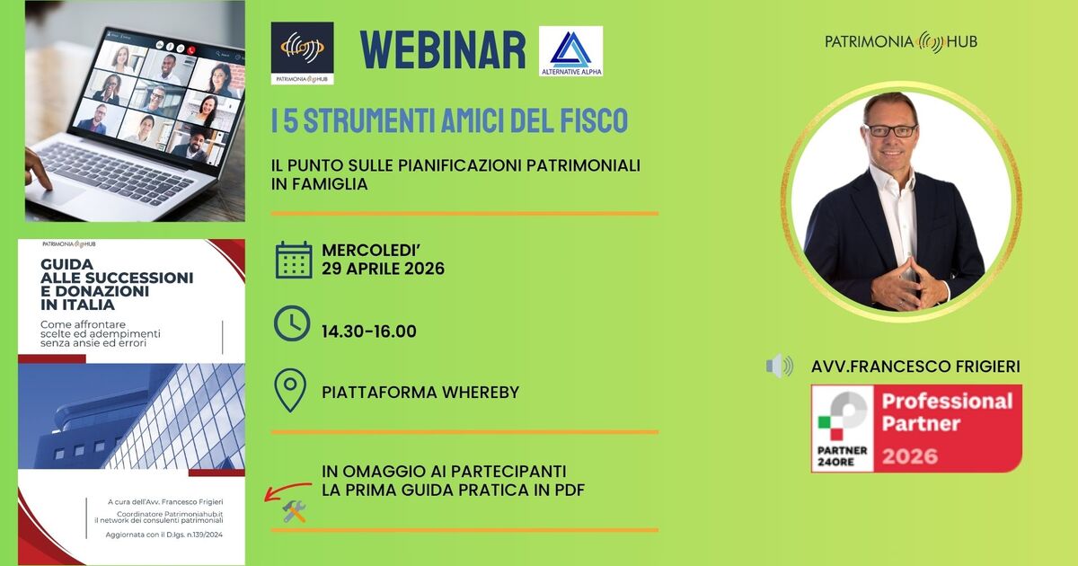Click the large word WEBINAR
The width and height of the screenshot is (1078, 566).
point(442,50)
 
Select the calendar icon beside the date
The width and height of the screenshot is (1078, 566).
point(293,260)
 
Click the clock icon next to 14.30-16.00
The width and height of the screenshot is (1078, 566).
point(292,323)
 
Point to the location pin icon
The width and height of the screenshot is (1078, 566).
point(289,391)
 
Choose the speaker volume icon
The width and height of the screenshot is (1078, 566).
point(779,366)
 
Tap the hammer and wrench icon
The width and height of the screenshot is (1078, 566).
point(295,511)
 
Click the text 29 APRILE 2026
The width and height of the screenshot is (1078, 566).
point(383,269)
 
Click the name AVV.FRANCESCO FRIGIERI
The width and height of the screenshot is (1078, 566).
point(915,367)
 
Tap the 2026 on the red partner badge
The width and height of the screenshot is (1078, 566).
point(911,455)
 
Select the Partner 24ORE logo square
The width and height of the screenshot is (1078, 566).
point(843,428)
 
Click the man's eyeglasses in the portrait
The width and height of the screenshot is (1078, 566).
point(890,130)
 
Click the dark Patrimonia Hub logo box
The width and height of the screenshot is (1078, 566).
point(302,53)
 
